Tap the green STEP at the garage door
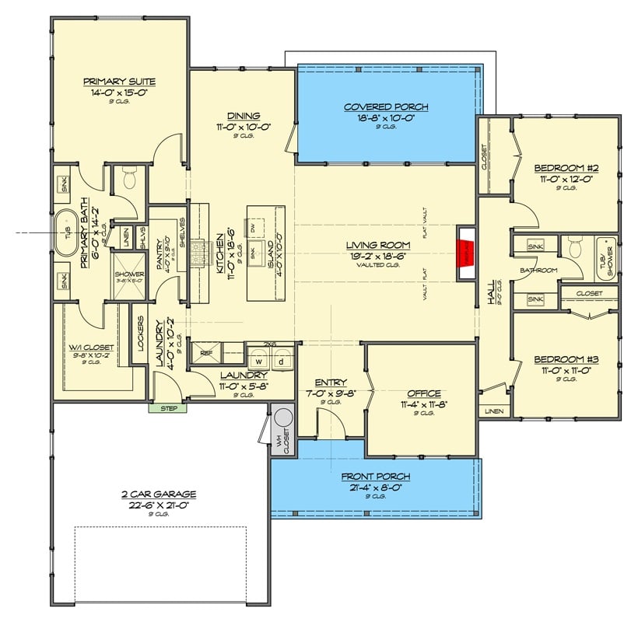click(168, 407)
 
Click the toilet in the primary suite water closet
click(128, 180)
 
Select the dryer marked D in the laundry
click(282, 361)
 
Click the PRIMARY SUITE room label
click(119, 82)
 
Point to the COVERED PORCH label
click(386, 107)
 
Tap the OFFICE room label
click(423, 393)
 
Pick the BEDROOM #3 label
click(566, 360)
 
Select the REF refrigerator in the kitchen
click(206, 352)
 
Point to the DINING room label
click(243, 116)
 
